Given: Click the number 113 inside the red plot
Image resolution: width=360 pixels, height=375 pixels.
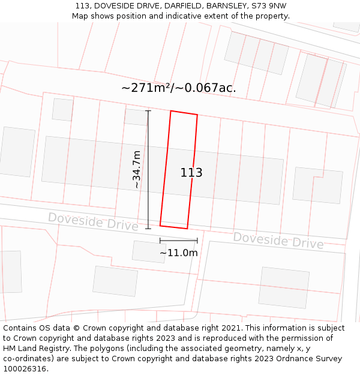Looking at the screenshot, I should click(191, 173).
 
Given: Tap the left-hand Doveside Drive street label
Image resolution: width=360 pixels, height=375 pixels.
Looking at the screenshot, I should click(93, 221).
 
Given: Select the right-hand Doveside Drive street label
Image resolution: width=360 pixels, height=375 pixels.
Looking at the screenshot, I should click(278, 240).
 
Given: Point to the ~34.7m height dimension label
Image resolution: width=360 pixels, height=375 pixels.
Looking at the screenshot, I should click(137, 170).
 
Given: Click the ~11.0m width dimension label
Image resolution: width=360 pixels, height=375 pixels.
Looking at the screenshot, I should click(178, 253).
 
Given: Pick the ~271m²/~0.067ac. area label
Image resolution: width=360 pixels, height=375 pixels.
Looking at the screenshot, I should click(178, 88).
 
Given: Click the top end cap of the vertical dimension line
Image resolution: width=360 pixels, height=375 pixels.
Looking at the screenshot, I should click(148, 111).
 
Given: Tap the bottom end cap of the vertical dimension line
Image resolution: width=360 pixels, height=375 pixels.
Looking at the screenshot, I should click(148, 229).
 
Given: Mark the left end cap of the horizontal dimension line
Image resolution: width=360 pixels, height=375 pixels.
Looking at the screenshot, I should click(160, 241).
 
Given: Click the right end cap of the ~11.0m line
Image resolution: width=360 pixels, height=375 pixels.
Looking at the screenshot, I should click(197, 241).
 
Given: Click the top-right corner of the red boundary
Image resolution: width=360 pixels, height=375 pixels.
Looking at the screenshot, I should click(197, 115).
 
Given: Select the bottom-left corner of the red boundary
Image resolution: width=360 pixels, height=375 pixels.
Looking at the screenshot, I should click(160, 226).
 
